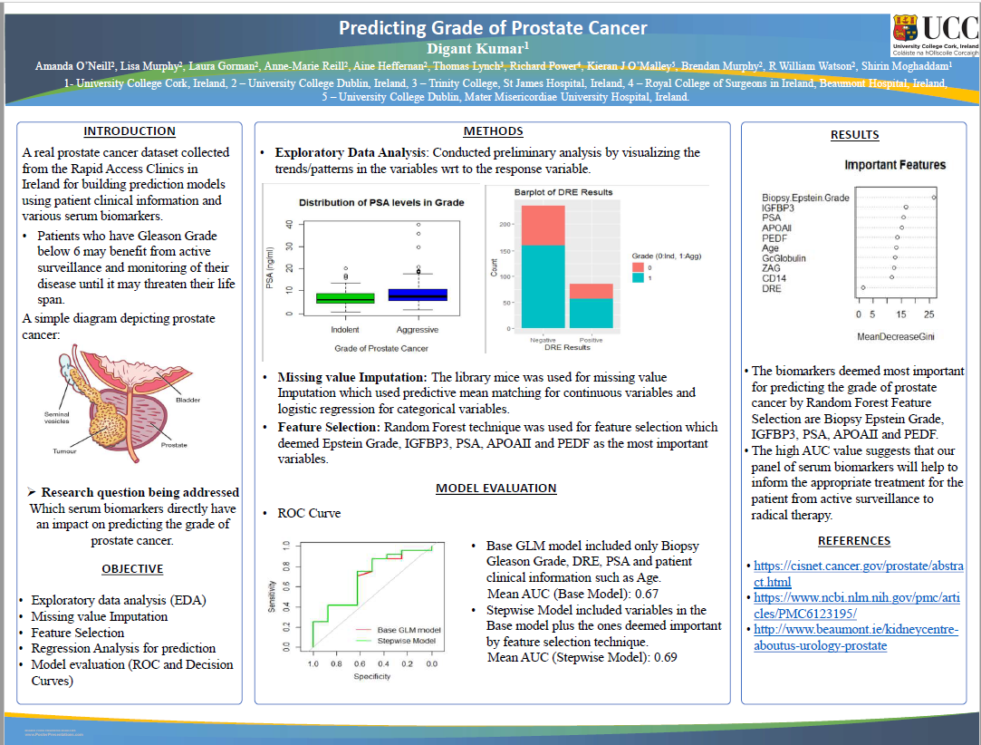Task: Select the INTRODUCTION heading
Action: tap(130, 131)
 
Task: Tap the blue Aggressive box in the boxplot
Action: tap(418, 295)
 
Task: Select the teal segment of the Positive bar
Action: tap(591, 313)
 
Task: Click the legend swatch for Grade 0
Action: tap(638, 267)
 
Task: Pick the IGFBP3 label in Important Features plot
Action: tap(777, 208)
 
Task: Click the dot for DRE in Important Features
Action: tap(862, 288)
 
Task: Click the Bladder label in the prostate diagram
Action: tap(188, 400)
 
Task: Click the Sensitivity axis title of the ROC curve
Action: tap(272, 595)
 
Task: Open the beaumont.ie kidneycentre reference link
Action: tap(855, 637)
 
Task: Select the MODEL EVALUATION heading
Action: tap(495, 488)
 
